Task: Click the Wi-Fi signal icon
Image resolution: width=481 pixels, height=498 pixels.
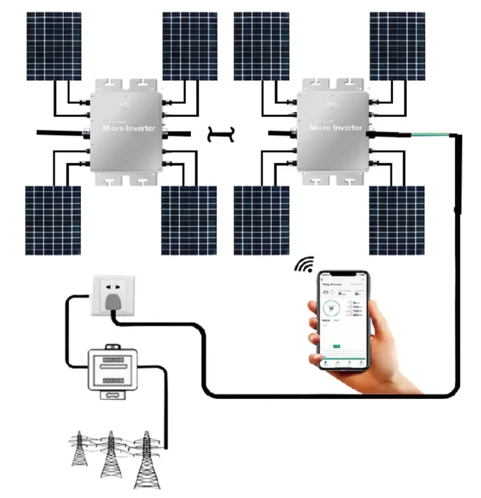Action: (x=304, y=264)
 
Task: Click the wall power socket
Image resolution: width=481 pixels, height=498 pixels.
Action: (x=112, y=293)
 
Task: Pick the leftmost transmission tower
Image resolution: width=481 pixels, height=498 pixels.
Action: (x=80, y=448)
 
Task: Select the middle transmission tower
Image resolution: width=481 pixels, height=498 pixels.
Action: (x=111, y=453)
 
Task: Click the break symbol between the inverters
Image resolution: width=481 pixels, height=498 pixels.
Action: (x=220, y=133)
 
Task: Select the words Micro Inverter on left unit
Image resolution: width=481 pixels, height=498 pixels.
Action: (x=128, y=128)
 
